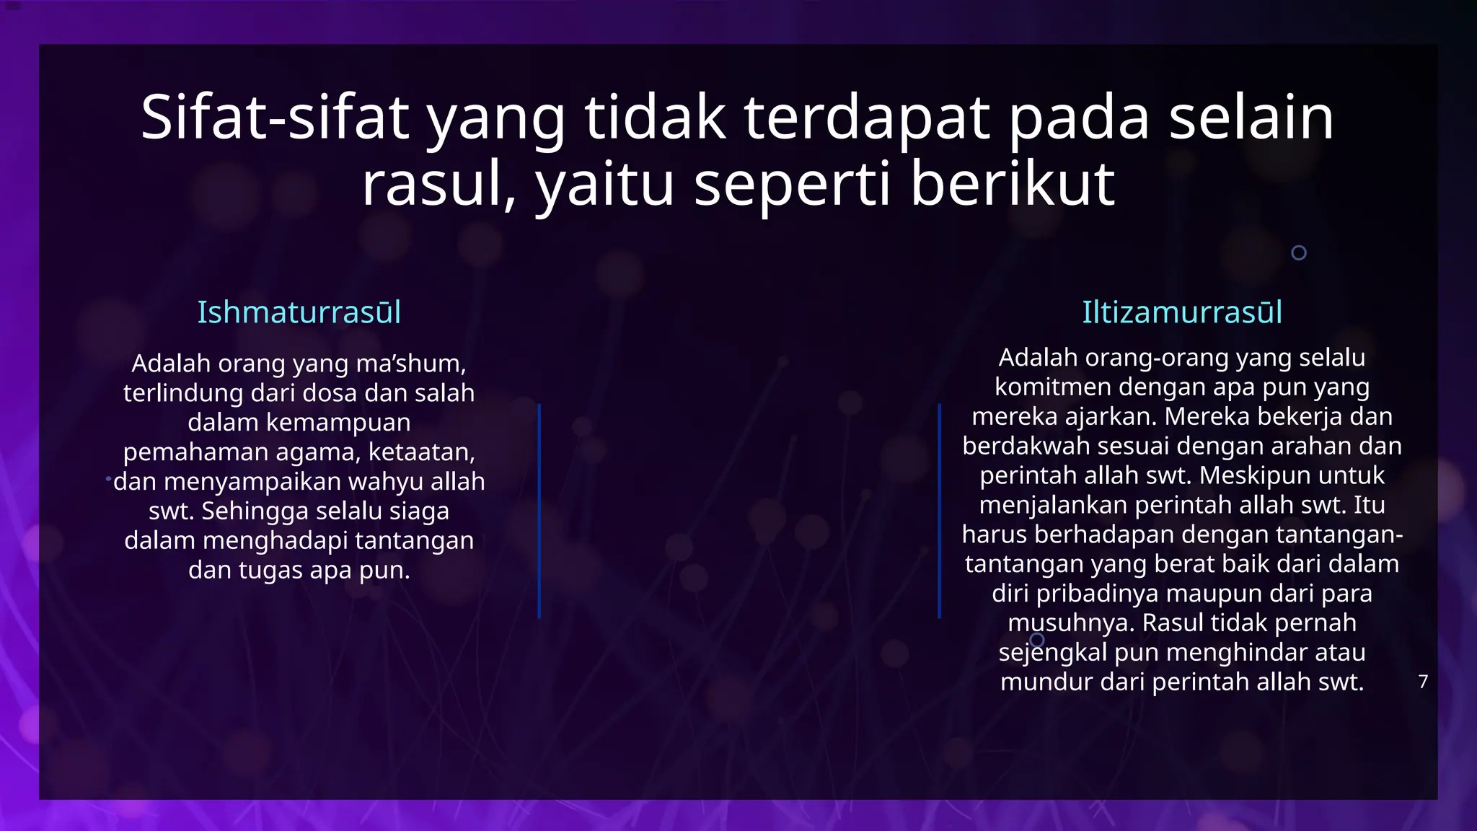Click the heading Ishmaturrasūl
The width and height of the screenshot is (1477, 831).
[299, 312]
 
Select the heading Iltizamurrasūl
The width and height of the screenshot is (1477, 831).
[1181, 312]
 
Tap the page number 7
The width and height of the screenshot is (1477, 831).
[1422, 682]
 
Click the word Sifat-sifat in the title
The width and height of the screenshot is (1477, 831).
[275, 118]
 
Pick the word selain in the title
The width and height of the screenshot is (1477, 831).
[1251, 118]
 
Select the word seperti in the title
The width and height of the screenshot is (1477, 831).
[792, 184]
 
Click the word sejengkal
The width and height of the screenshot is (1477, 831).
[1053, 653]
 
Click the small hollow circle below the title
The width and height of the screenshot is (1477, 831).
[1298, 252]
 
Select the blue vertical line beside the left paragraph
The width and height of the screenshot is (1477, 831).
[539, 511]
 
